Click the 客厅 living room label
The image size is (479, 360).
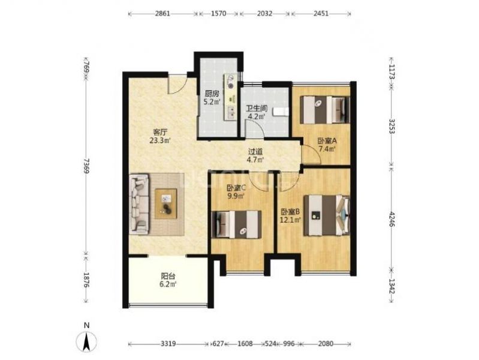pos(160,132)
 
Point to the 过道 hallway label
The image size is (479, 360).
pos(255,152)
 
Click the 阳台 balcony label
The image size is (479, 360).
pos(168,276)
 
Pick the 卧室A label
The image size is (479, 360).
pos(327,141)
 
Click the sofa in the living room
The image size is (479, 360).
pos(139,204)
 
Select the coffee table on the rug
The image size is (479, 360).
pos(166,204)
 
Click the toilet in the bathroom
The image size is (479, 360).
pos(281,112)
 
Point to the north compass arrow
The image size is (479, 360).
pos(87,341)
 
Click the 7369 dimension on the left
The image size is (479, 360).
pos(86,166)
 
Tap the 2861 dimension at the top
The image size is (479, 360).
pos(162,13)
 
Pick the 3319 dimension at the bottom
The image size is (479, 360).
pos(168,344)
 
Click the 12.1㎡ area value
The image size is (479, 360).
pos(291,220)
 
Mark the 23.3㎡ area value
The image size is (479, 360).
pos(160,140)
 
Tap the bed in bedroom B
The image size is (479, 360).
pos(327,215)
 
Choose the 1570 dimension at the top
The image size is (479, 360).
pos(219,13)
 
